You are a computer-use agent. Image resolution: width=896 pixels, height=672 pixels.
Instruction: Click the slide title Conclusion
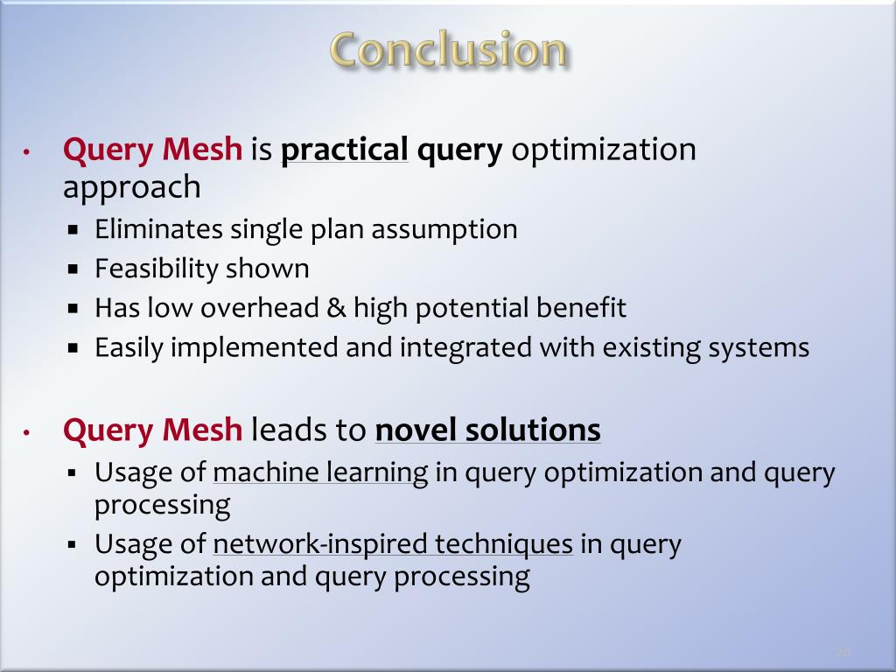pyautogui.click(x=449, y=50)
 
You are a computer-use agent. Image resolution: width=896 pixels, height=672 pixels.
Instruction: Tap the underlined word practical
pyautogui.click(x=344, y=150)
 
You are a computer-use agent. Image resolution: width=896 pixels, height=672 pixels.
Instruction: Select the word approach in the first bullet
pyautogui.click(x=131, y=187)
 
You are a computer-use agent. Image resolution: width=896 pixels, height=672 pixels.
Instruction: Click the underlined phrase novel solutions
pyautogui.click(x=487, y=430)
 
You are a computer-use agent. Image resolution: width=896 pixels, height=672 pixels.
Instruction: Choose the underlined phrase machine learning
pyautogui.click(x=320, y=472)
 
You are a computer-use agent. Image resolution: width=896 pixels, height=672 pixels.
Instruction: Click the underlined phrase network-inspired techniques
pyautogui.click(x=393, y=544)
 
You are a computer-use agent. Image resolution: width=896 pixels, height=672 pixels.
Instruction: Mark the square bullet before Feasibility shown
pyautogui.click(x=73, y=269)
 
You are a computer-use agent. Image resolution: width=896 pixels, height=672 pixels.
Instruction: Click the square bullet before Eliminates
pyautogui.click(x=73, y=230)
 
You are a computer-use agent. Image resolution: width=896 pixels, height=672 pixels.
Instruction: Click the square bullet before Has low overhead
pyautogui.click(x=73, y=309)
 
